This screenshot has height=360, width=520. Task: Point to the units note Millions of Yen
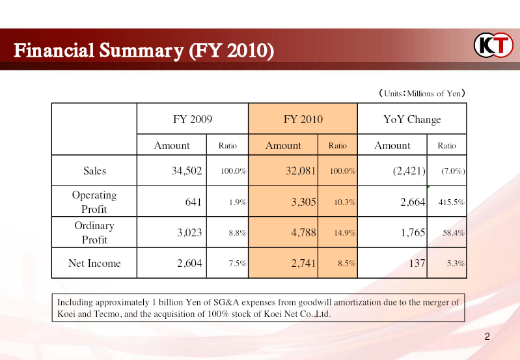(x=422, y=94)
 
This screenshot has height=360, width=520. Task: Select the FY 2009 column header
(x=192, y=119)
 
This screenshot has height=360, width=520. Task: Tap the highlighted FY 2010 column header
(x=303, y=119)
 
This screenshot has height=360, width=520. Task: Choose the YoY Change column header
(x=412, y=119)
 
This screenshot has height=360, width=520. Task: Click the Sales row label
(x=94, y=171)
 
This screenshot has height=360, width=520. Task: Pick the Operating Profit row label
(x=94, y=202)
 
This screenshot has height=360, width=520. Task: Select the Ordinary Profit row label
(x=94, y=232)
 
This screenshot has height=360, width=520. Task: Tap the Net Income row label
(x=94, y=263)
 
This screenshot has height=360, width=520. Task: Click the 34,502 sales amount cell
(x=186, y=171)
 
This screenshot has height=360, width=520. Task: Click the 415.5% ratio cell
(x=451, y=202)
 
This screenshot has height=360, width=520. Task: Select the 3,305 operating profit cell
(x=303, y=202)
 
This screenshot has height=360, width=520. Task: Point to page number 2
(x=487, y=337)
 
